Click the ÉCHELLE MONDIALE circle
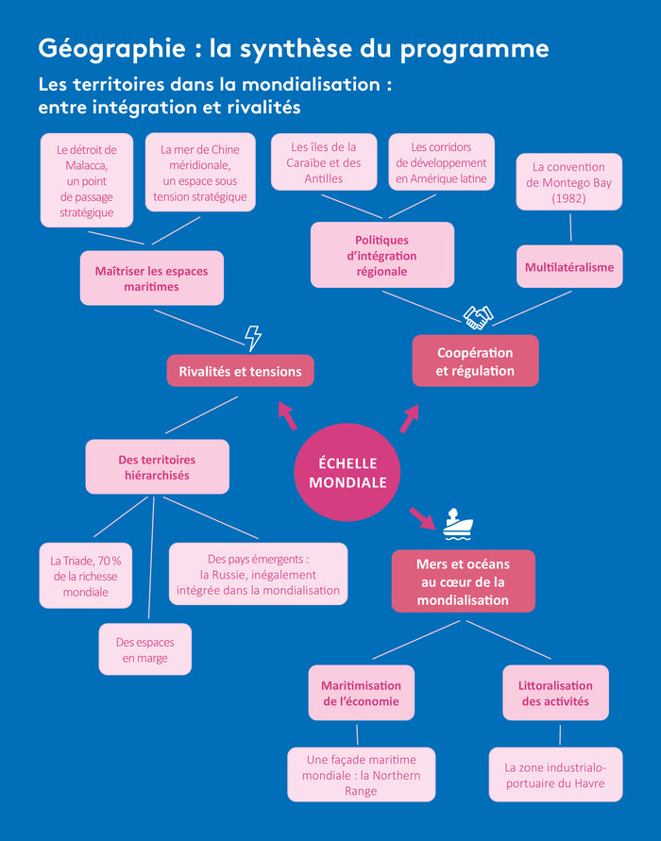pyautogui.click(x=347, y=471)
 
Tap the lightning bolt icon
pyautogui.click(x=252, y=337)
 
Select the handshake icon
pyautogui.click(x=478, y=318)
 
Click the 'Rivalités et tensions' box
pyautogui.click(x=240, y=371)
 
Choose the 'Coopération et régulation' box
pyautogui.click(x=475, y=361)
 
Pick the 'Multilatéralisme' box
pyautogui.click(x=568, y=266)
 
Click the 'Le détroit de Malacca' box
pyautogui.click(x=86, y=180)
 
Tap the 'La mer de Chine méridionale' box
pyautogui.click(x=199, y=174)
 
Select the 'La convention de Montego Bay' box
pyautogui.click(x=568, y=182)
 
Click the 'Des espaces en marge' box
pyautogui.click(x=144, y=649)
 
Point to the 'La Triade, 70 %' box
pyautogui.click(x=85, y=575)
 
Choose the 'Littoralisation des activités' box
pyautogui.click(x=555, y=693)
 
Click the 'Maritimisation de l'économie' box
pyautogui.click(x=361, y=693)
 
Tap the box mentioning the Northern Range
pyautogui.click(x=361, y=775)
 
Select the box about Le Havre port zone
pyautogui.click(x=555, y=775)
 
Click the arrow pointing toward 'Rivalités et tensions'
pyautogui.click(x=286, y=413)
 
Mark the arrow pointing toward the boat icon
pyautogui.click(x=421, y=516)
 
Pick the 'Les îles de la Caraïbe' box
pyautogui.click(x=323, y=162)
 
